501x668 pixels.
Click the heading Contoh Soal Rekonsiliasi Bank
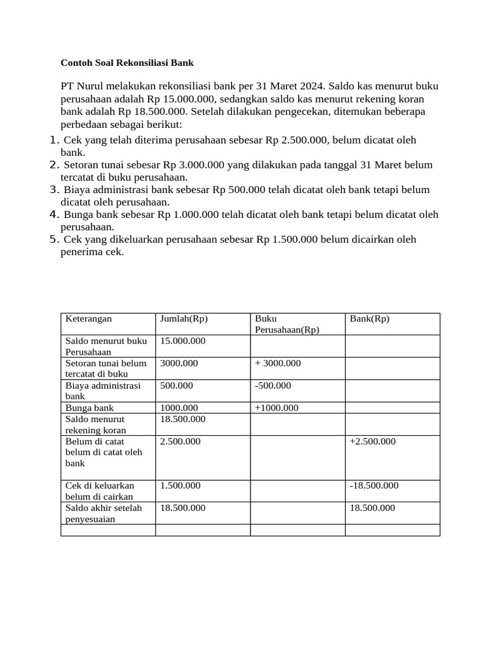pyautogui.click(x=127, y=63)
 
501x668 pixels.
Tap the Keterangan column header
pyautogui.click(x=89, y=319)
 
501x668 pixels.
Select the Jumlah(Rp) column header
pyautogui.click(x=184, y=319)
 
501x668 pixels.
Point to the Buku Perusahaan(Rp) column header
pyautogui.click(x=287, y=324)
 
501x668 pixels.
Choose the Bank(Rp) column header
pyautogui.click(x=369, y=319)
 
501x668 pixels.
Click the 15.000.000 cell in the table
pyautogui.click(x=183, y=341)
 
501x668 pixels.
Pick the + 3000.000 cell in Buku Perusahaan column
pyautogui.click(x=278, y=363)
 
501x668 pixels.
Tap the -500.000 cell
pyautogui.click(x=273, y=386)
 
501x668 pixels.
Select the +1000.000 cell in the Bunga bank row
pyautogui.click(x=277, y=408)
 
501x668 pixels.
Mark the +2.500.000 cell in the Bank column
pyautogui.click(x=372, y=442)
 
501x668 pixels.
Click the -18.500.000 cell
pyautogui.click(x=374, y=486)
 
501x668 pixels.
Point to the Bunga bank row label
pyautogui.click(x=90, y=408)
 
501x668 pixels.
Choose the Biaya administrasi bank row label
pyautogui.click(x=103, y=391)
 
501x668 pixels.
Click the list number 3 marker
pyautogui.click(x=55, y=190)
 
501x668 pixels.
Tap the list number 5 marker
pyautogui.click(x=55, y=239)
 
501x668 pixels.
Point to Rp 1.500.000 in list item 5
pyautogui.click(x=287, y=239)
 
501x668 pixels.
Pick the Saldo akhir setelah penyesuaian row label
pyautogui.click(x=104, y=513)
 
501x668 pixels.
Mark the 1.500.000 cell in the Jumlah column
pyautogui.click(x=180, y=486)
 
